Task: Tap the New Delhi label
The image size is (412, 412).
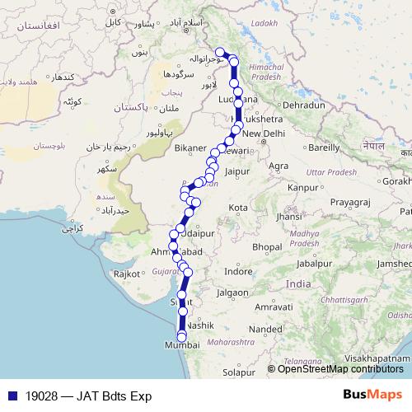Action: pos(263,134)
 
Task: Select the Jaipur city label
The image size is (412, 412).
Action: pos(236,171)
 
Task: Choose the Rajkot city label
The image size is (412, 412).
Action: pos(128,273)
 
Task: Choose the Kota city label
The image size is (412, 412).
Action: pos(239,207)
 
